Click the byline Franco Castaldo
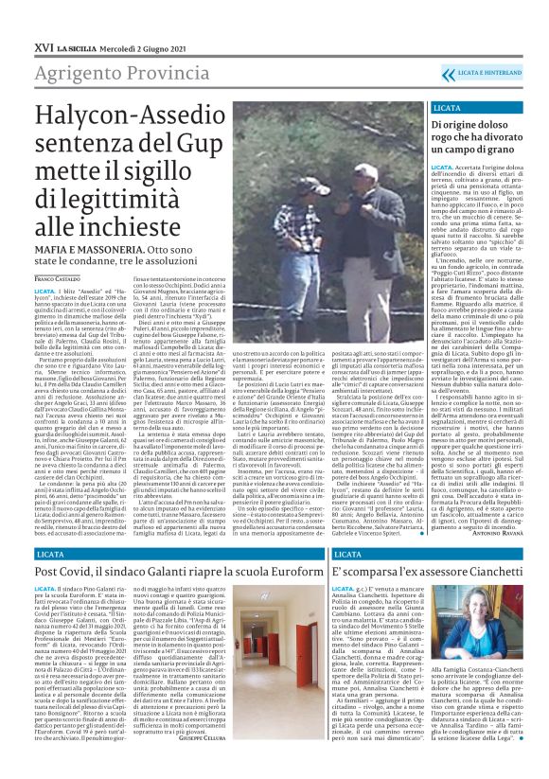pyautogui.click(x=60, y=279)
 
